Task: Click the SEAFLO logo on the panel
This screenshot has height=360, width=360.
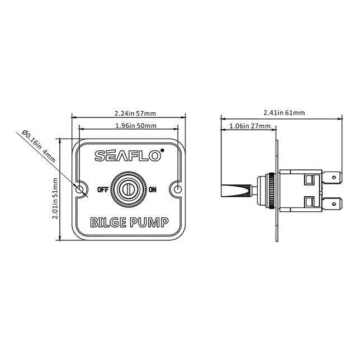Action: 127,157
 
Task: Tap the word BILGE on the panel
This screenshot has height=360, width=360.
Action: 107,224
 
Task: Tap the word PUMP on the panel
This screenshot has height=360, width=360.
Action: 148,224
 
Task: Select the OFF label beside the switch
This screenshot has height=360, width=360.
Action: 103,190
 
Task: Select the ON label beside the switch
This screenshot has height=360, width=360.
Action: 153,190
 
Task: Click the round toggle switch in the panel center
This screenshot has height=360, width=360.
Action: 129,190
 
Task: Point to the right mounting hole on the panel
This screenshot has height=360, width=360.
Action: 178,190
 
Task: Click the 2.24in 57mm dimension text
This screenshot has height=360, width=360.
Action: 128,112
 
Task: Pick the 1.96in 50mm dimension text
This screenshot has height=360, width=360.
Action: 128,125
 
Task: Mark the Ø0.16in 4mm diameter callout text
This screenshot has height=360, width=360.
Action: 39,147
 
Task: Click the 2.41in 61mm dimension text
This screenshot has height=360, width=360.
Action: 284,112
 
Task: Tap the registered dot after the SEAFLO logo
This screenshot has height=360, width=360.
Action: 162,150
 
